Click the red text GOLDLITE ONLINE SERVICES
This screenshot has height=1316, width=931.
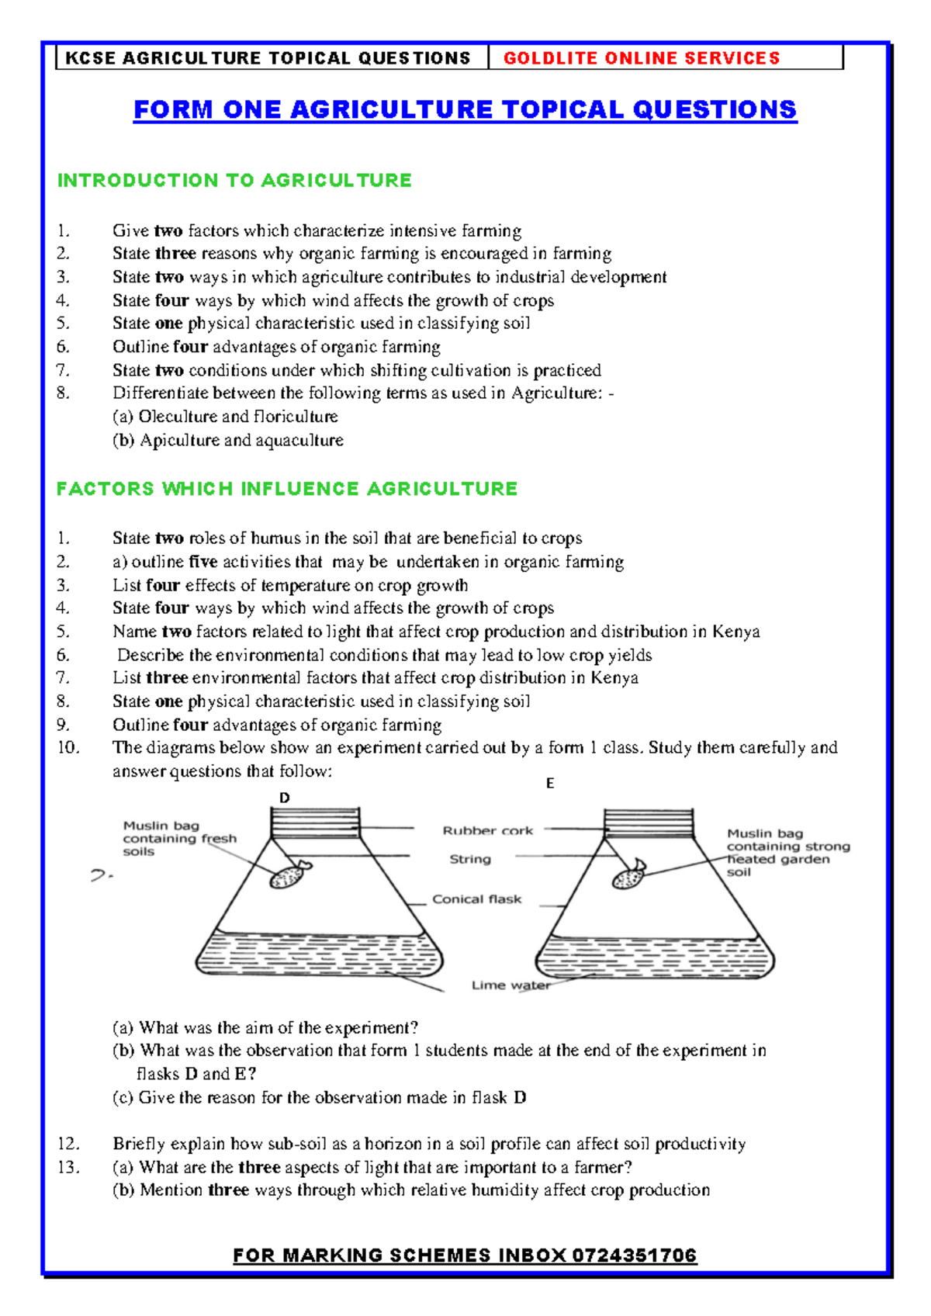(x=641, y=58)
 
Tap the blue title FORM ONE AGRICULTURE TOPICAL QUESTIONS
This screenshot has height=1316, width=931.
(x=465, y=109)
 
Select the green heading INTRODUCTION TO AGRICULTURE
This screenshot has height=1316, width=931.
(x=234, y=180)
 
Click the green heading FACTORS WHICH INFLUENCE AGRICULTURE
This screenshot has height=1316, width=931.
(x=286, y=488)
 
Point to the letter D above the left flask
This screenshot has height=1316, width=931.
(x=284, y=798)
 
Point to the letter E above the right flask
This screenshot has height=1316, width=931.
(x=549, y=784)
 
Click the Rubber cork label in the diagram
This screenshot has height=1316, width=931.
(x=487, y=830)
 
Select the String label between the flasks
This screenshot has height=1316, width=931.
(x=470, y=859)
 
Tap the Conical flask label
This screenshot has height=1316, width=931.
(x=476, y=899)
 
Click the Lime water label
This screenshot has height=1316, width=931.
(x=510, y=985)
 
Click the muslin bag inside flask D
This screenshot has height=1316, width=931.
(x=287, y=876)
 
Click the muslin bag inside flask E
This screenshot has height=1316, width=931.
(x=628, y=878)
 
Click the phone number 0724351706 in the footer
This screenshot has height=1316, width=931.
(x=634, y=1255)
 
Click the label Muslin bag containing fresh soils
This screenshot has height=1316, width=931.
(x=178, y=839)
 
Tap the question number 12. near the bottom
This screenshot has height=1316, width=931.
(x=68, y=1143)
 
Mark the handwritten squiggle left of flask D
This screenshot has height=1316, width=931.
(x=101, y=875)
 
